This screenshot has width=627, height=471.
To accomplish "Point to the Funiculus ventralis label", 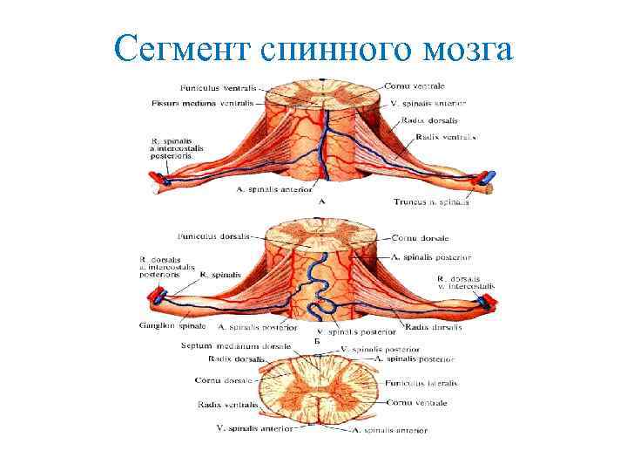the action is pyautogui.click(x=217, y=87).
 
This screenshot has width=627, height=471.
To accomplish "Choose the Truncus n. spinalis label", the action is pyautogui.click(x=431, y=202).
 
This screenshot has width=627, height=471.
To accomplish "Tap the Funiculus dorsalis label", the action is pyautogui.click(x=214, y=235).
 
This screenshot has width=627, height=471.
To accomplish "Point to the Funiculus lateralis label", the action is pyautogui.click(x=422, y=383).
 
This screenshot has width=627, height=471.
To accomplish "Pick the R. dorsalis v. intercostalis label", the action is pyautogui.click(x=465, y=282).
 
